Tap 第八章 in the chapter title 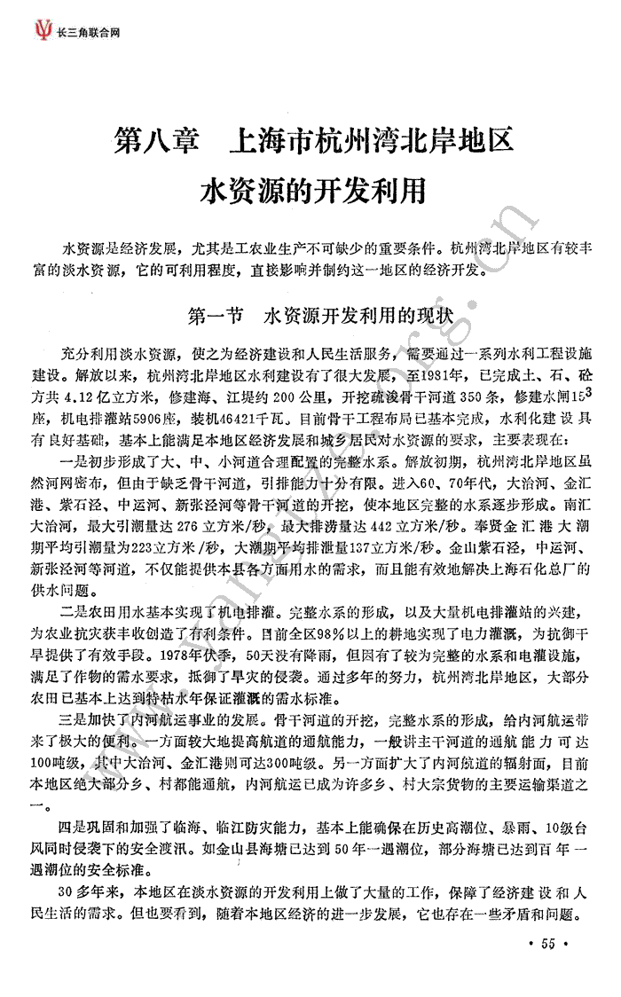point(158,141)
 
